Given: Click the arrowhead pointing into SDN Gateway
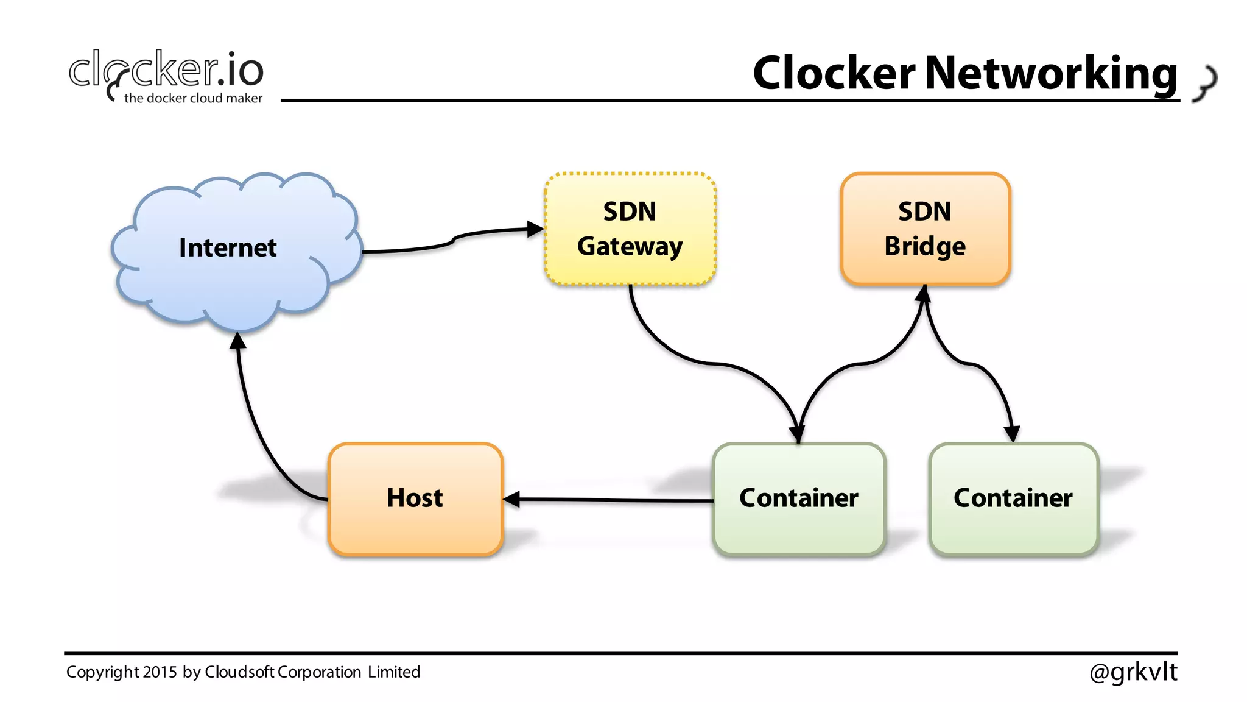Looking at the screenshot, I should pyautogui.click(x=535, y=229).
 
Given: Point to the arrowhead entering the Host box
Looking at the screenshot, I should pyautogui.click(x=511, y=499).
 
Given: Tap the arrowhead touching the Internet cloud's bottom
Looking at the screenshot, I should pyautogui.click(x=238, y=340).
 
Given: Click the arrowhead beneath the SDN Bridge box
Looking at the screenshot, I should pyautogui.click(x=924, y=294).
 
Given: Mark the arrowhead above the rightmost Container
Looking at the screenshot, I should pyautogui.click(x=1011, y=433).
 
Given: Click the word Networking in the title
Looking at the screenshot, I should pyautogui.click(x=1051, y=73).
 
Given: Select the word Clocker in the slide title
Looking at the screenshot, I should pyautogui.click(x=834, y=73).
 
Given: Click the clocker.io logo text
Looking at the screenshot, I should pyautogui.click(x=166, y=70).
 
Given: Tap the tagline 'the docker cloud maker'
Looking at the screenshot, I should pyautogui.click(x=193, y=98).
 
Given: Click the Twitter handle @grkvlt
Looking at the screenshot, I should pyautogui.click(x=1133, y=672).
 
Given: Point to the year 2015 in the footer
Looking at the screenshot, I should pyautogui.click(x=161, y=672).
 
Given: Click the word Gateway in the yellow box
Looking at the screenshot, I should pyautogui.click(x=630, y=247).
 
